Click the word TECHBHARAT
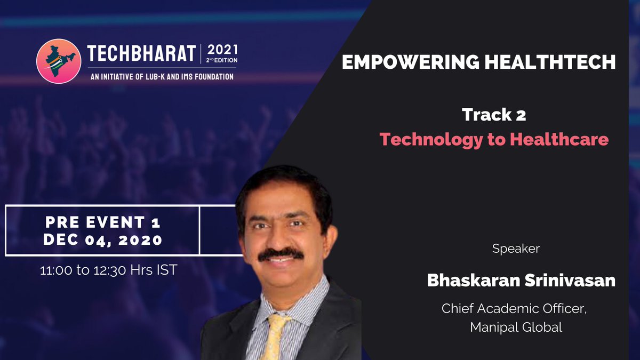[x=141, y=55]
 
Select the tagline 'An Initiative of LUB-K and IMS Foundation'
[x=161, y=77]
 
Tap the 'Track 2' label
[x=494, y=114]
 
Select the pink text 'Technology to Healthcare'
[x=494, y=139]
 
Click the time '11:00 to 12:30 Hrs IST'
[x=108, y=270]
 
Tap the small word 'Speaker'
[x=516, y=249]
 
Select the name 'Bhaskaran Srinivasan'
[x=521, y=281]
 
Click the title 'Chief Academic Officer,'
[x=514, y=309]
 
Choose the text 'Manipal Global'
[x=516, y=327]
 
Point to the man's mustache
[x=280, y=254]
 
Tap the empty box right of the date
[x=218, y=230]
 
